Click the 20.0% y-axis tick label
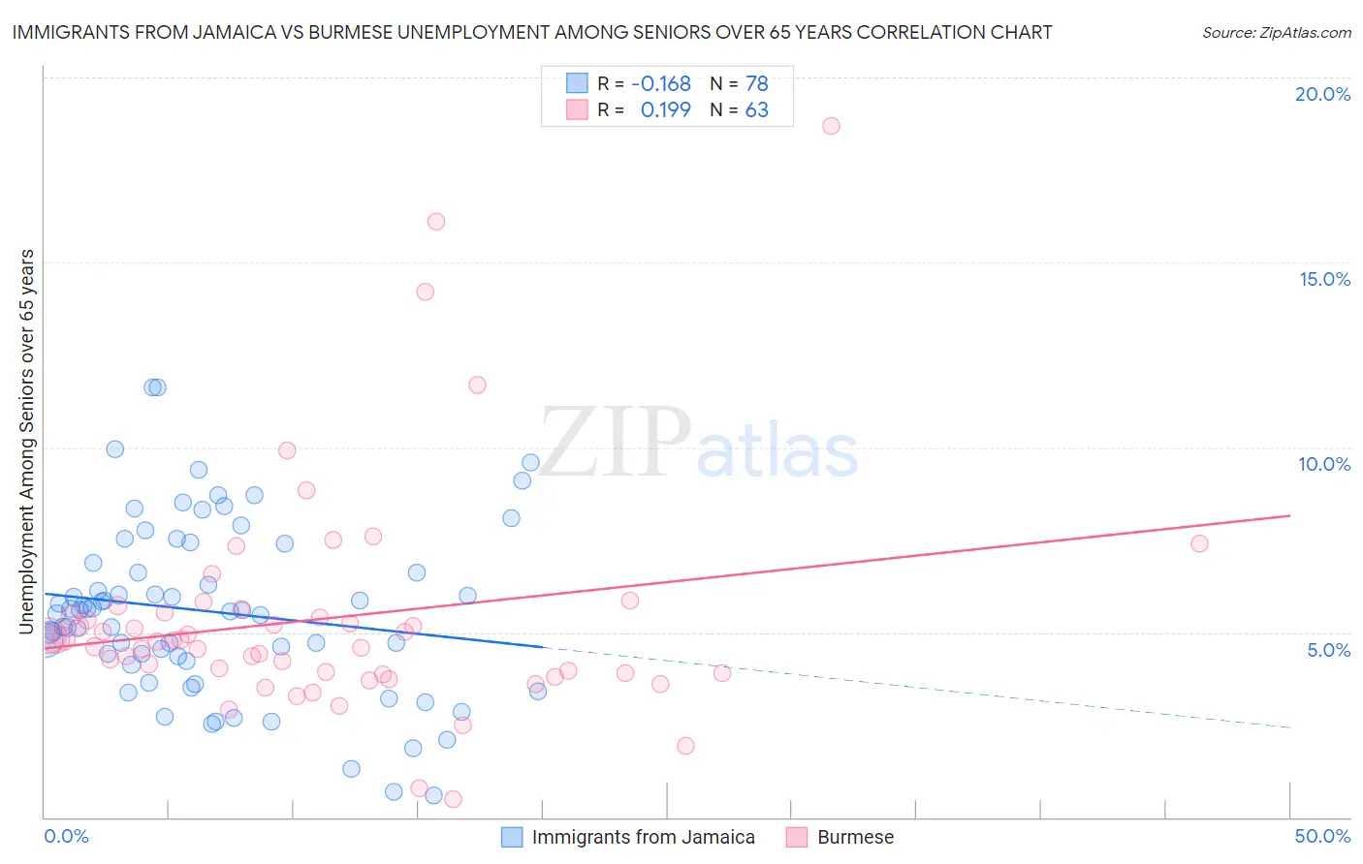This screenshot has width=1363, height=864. [x=1322, y=94]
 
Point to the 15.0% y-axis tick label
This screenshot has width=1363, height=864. [x=1324, y=279]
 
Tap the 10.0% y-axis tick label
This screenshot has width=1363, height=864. [x=1324, y=464]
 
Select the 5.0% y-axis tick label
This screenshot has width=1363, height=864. [x=1328, y=650]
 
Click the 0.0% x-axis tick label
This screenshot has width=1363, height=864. [x=66, y=836]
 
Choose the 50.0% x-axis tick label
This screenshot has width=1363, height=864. [x=1322, y=836]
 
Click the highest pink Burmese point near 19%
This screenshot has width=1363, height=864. [x=831, y=126]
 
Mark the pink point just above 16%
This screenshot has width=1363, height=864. [x=436, y=222]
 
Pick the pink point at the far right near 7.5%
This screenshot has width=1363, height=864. [x=1199, y=543]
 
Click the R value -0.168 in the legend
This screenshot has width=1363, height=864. [x=661, y=84]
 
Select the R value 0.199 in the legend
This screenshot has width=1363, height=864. [x=666, y=110]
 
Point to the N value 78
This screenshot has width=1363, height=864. [x=756, y=84]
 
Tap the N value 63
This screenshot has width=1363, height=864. [x=756, y=110]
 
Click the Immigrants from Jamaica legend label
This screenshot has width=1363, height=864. [x=643, y=837]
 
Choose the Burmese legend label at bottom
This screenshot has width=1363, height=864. [x=855, y=837]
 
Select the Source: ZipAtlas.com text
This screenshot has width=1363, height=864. [x=1276, y=33]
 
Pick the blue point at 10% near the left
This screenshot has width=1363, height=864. [x=114, y=448]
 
